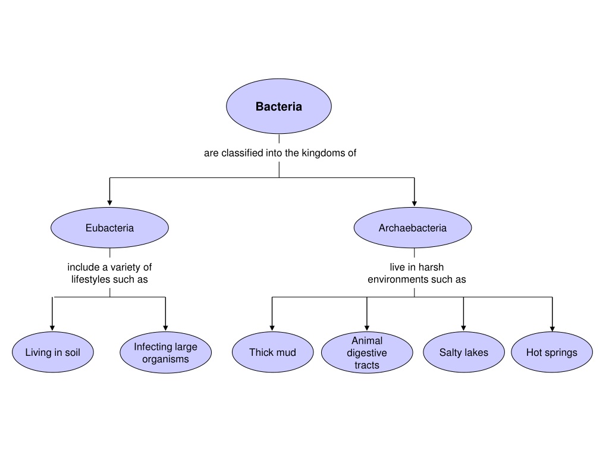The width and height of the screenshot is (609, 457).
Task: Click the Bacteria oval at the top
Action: pyautogui.click(x=279, y=106)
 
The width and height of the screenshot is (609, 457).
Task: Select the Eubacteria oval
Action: pyautogui.click(x=109, y=228)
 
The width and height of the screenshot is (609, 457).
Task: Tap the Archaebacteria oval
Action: pyautogui.click(x=413, y=228)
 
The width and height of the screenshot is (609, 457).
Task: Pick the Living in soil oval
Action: pyautogui.click(x=53, y=352)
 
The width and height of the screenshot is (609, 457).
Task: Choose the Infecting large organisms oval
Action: pyautogui.click(x=166, y=352)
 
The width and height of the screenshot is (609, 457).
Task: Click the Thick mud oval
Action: pyautogui.click(x=272, y=352)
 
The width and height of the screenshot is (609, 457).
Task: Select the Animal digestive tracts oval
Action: pyautogui.click(x=367, y=352)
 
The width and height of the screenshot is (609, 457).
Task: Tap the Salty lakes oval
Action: pyautogui.click(x=464, y=352)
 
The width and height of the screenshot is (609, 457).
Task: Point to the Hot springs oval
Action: pyautogui.click(x=552, y=352)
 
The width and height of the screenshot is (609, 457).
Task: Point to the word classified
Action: pyautogui.click(x=243, y=153)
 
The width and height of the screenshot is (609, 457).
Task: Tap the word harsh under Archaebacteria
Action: pyautogui.click(x=431, y=267)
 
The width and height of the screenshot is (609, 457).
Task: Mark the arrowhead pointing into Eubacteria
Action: pyautogui.click(x=109, y=203)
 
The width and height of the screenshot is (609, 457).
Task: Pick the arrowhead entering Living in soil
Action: pyautogui.click(x=52, y=328)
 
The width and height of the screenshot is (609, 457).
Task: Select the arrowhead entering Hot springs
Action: pyautogui.click(x=553, y=328)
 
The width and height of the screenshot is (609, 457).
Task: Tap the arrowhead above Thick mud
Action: pyautogui.click(x=272, y=328)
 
